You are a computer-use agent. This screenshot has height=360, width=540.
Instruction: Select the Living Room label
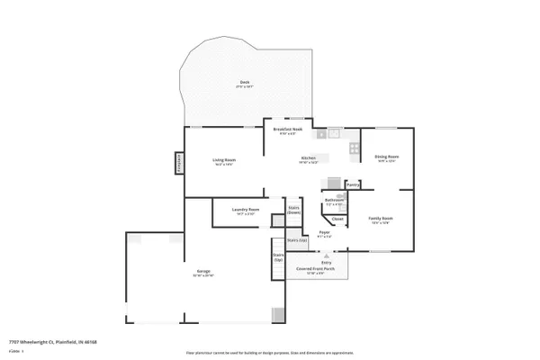[x=223, y=162]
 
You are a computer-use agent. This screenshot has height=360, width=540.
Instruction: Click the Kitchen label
[x=309, y=159]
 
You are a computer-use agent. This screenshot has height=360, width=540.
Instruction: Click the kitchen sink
[x=332, y=135]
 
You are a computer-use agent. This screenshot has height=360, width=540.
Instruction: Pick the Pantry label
[x=353, y=185]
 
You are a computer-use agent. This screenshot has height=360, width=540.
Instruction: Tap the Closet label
[x=337, y=219]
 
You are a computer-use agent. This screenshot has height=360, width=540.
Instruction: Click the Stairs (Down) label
[x=293, y=211]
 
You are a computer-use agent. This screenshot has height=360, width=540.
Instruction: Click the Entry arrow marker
[x=314, y=256]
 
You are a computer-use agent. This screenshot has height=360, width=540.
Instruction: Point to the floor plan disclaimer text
[x=270, y=353]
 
